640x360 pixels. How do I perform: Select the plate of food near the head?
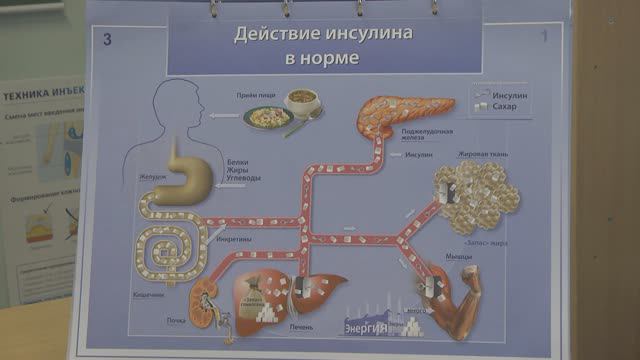click(267, 117)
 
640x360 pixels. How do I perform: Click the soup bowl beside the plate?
click(300, 101)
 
